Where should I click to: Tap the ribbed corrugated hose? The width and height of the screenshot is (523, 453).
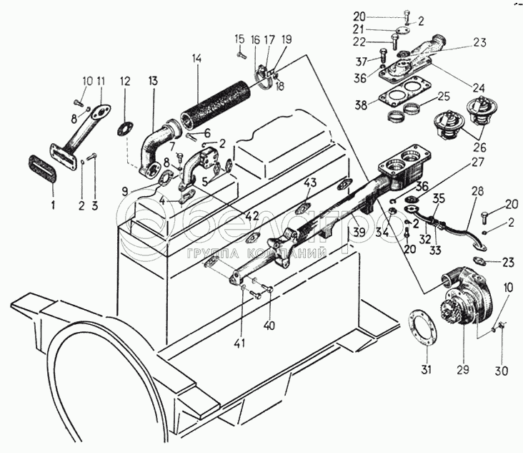(x=215, y=106)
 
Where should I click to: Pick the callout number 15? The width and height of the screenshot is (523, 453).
(x=239, y=37)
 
